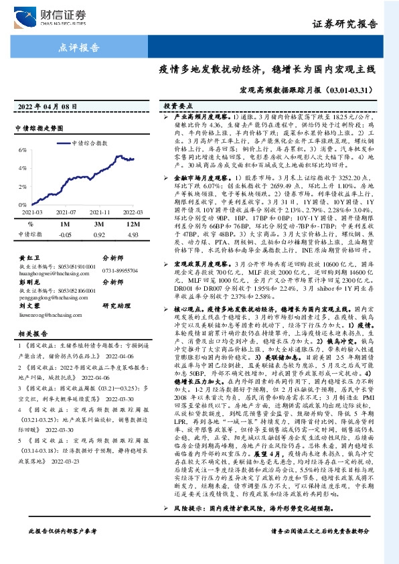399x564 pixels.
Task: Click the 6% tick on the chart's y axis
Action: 23,149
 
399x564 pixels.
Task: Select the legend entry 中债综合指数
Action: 89,143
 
